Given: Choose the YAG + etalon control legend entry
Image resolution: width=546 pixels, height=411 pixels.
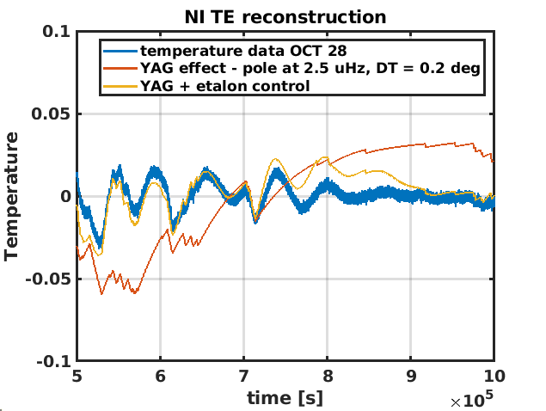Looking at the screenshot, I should [x=225, y=86].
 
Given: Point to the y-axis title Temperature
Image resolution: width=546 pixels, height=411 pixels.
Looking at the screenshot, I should [x=12, y=196].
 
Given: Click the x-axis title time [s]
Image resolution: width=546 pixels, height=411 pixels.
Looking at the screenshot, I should [x=285, y=397].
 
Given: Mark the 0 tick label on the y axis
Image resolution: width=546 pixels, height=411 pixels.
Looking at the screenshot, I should [x=64, y=197].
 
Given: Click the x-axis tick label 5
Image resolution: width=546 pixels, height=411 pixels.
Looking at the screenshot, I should [x=77, y=376].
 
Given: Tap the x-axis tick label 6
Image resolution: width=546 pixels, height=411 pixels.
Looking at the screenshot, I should [x=161, y=376].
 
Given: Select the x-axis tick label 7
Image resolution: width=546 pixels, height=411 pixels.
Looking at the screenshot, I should [x=243, y=376].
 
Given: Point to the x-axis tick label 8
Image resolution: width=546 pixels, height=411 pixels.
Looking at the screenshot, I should [x=327, y=376].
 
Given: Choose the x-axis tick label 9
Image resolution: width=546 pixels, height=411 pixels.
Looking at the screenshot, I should [x=410, y=376].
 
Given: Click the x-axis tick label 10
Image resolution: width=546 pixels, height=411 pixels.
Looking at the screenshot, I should [x=493, y=376].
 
